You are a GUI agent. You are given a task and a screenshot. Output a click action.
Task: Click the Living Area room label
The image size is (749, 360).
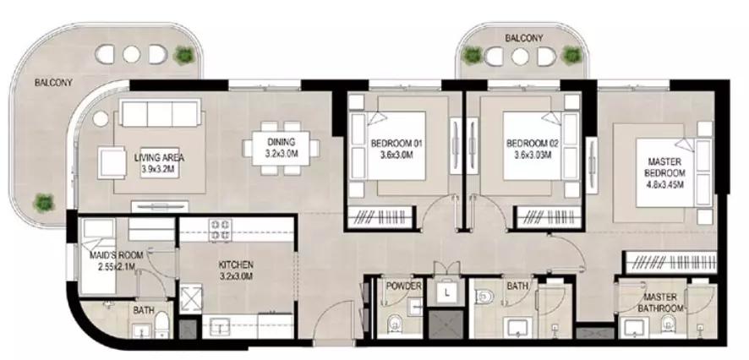coord(159,157)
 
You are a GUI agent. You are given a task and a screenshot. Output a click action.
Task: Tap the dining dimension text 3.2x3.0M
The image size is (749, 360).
coord(281,154)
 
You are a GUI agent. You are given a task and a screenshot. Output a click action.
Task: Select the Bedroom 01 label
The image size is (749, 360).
coord(396,143)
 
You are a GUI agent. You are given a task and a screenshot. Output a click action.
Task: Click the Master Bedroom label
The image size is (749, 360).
coord(664,167)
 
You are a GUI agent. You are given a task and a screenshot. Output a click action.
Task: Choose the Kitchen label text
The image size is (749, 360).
coord(236,265)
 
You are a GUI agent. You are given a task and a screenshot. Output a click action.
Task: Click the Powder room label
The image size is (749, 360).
coord(403,286)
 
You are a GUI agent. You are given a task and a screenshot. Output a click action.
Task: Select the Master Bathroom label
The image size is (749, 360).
coord(660,303)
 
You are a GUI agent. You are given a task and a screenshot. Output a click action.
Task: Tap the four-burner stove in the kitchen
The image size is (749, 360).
coord(220,230)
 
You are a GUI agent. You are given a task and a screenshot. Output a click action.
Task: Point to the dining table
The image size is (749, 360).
coord(281,148)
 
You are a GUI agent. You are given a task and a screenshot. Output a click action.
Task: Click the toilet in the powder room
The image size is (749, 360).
coord(395,323)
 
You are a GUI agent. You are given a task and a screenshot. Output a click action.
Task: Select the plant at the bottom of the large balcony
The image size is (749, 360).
coord(43,203)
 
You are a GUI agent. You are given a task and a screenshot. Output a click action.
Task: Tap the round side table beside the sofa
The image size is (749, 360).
coord(101,119)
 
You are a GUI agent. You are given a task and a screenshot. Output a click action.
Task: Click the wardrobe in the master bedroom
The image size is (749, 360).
coord(671,263)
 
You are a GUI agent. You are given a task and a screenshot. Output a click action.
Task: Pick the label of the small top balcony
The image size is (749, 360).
coord(524,38)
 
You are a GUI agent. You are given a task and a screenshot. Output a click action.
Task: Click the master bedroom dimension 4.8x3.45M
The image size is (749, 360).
coord(664,184)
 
